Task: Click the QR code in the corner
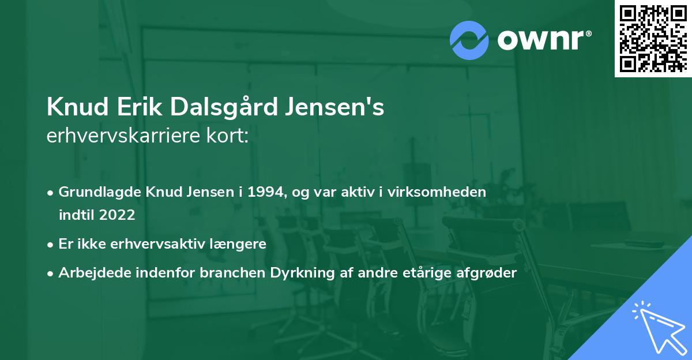[x=653, y=39]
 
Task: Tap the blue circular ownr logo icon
[x=469, y=40]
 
